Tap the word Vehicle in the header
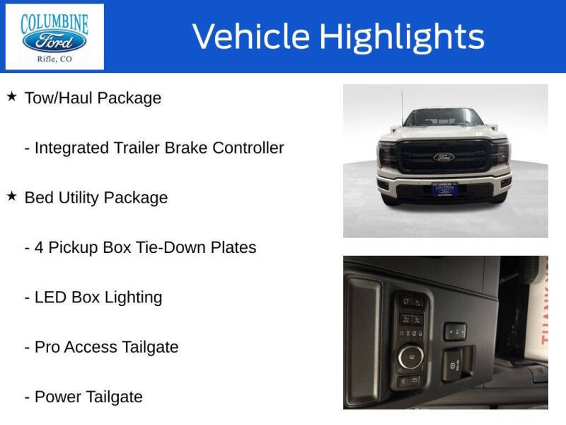pyautogui.click(x=251, y=37)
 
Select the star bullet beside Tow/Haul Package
pyautogui.click(x=11, y=96)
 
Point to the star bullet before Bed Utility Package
pyautogui.click(x=11, y=196)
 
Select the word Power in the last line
pyautogui.click(x=59, y=397)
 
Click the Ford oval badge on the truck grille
pyautogui.click(x=444, y=157)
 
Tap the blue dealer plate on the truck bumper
pyautogui.click(x=444, y=190)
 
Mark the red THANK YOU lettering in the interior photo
pyautogui.click(x=541, y=297)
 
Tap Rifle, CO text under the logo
pyautogui.click(x=54, y=59)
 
